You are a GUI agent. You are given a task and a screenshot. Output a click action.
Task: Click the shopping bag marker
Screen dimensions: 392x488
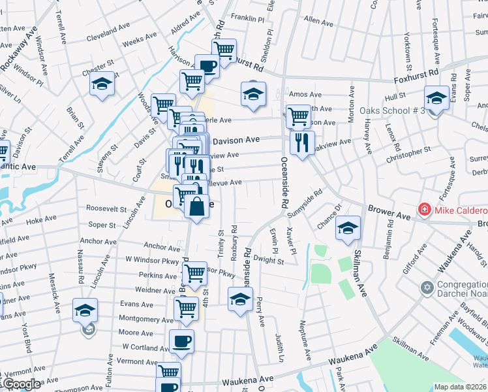click(196, 207)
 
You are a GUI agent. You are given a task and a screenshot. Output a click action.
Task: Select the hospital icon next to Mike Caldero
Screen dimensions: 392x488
click(424, 210)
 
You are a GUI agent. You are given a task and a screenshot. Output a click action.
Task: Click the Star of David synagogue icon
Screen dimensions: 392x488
click(428, 288)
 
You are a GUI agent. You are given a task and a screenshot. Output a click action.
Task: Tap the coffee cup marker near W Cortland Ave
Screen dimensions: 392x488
click(181, 340)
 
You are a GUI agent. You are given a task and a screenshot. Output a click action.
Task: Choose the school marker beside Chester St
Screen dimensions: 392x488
click(102, 85)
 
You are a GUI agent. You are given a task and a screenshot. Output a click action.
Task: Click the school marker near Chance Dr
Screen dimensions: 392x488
click(348, 228)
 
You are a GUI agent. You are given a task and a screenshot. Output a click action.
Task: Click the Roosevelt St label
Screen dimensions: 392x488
click(106, 208)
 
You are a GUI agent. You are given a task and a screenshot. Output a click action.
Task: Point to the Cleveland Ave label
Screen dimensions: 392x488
click(108, 31)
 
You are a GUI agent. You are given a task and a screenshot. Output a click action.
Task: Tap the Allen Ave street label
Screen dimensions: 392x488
click(318, 22)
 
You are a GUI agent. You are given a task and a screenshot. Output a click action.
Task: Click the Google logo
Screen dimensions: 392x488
click(21, 384)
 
